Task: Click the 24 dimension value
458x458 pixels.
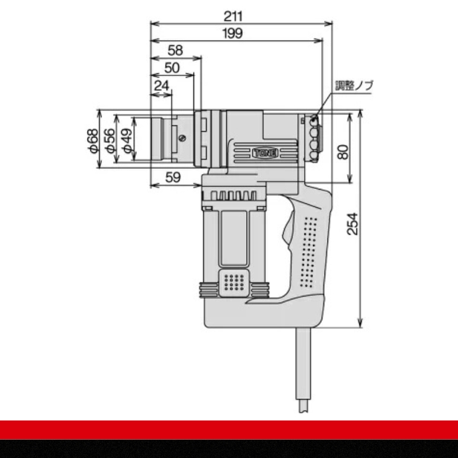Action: pos(162,86)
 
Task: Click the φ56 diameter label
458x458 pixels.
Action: pos(110,140)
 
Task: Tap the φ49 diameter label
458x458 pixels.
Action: pos(127,140)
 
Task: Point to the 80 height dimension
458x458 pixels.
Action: pos(342,151)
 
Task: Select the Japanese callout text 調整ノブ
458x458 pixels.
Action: pos(354,86)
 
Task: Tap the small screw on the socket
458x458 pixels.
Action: pos(182,137)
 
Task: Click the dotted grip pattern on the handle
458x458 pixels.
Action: pos(310,252)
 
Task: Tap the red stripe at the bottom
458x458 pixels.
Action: pos(229,430)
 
